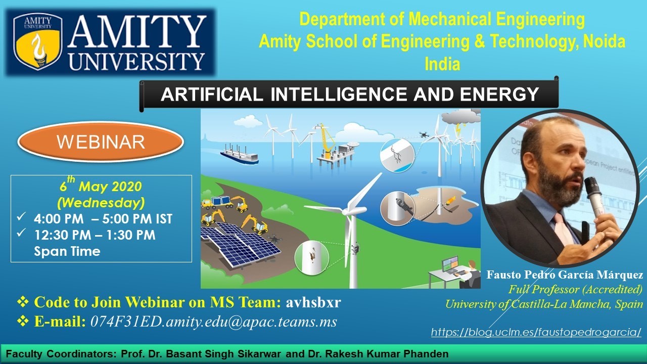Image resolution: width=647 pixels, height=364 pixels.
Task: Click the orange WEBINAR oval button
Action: point(101,142)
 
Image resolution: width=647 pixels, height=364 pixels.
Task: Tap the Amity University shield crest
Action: point(38,41)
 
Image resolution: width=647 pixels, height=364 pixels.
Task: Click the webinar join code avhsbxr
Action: point(313,302)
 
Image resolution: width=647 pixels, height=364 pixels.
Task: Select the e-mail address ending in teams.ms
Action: point(214,322)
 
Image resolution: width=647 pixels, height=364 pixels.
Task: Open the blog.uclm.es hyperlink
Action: point(536,332)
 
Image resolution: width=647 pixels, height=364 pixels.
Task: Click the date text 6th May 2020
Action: point(101,185)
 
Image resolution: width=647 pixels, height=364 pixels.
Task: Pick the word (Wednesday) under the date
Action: point(101,203)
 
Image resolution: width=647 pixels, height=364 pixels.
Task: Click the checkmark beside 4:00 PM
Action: point(21,216)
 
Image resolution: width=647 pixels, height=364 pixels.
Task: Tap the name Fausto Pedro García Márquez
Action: point(565,275)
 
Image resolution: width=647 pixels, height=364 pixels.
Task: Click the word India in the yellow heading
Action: point(442,64)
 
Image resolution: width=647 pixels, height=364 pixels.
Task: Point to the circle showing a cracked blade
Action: point(397,155)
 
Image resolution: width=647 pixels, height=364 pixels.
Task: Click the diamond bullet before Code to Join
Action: point(23,302)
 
